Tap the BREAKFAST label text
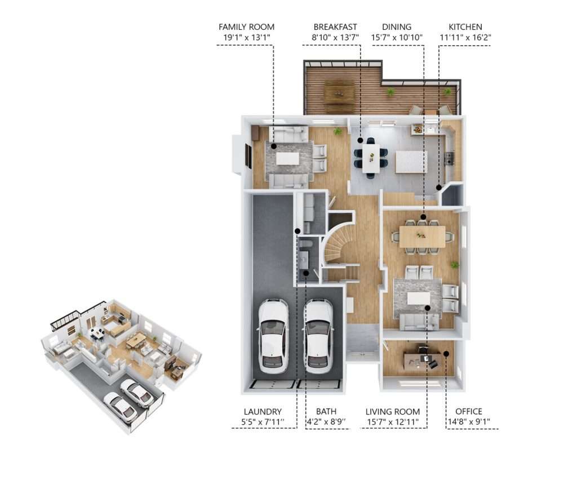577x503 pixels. click(x=336, y=27)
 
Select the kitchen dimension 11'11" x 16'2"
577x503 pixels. click(x=465, y=38)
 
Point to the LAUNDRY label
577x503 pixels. click(x=263, y=412)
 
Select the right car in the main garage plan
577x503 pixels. click(x=318, y=336)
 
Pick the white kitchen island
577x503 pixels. click(x=411, y=162)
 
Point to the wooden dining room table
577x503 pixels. click(x=422, y=236)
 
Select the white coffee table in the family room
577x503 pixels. click(x=287, y=159)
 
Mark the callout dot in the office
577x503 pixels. click(x=446, y=354)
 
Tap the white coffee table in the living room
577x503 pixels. click(x=418, y=298)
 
